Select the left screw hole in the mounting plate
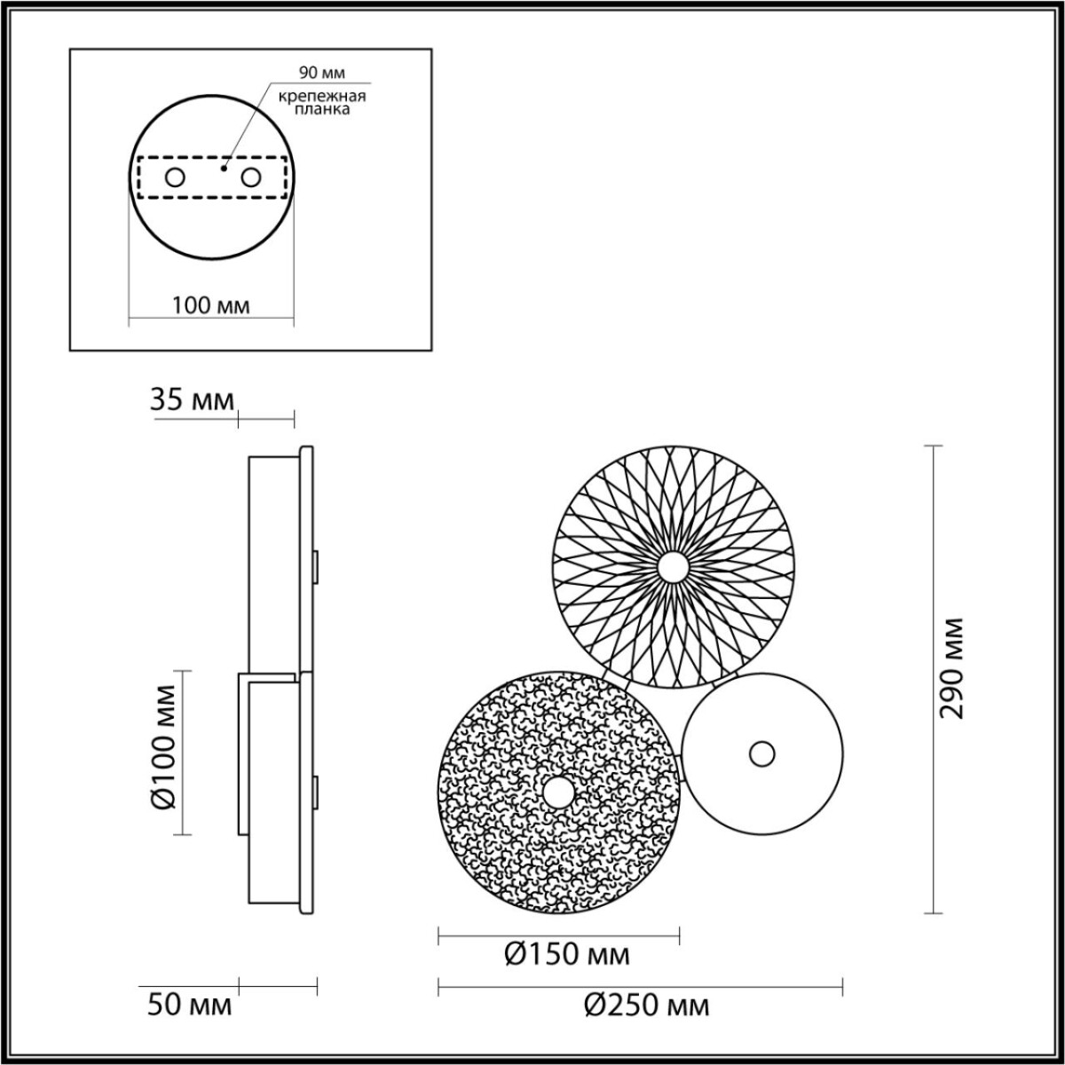click(x=175, y=177)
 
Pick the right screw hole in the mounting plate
click(x=251, y=177)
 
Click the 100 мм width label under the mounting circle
click(x=210, y=305)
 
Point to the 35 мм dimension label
click(x=192, y=400)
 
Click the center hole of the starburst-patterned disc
click(x=672, y=565)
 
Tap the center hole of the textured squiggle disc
click(x=558, y=792)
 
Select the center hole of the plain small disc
click(x=761, y=754)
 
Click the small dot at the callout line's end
click(x=225, y=165)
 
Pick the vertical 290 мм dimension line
click(x=931, y=679)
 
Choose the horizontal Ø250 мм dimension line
click(x=640, y=983)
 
